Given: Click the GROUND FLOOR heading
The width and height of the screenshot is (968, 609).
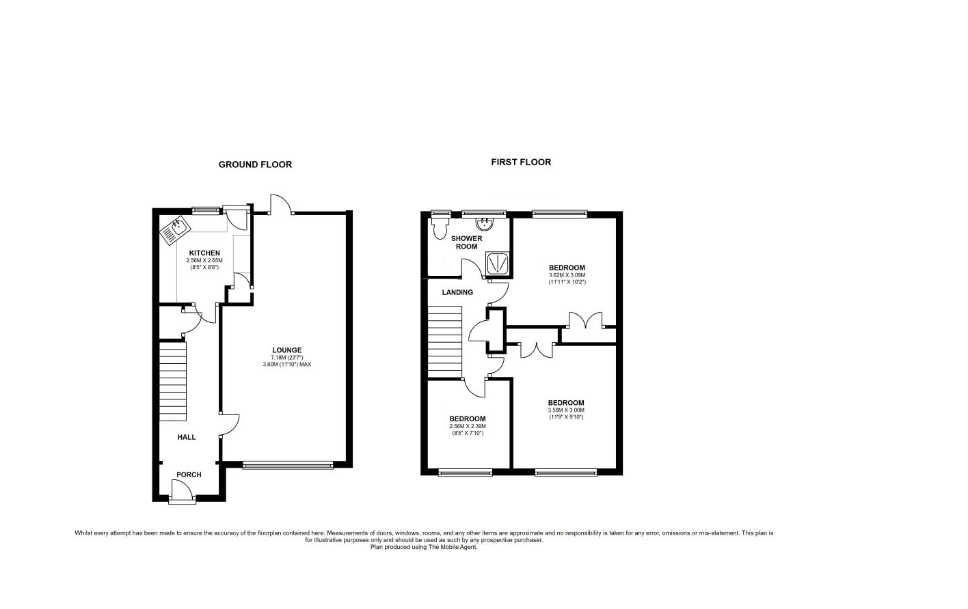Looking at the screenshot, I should tap(255, 165).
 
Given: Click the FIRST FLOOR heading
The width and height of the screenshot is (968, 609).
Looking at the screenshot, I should tap(521, 162).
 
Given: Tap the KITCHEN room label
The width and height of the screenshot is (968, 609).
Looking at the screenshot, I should tap(204, 253).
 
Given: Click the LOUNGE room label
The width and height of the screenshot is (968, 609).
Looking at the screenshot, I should tap(286, 350).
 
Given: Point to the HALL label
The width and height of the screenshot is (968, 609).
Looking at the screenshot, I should tap(187, 437).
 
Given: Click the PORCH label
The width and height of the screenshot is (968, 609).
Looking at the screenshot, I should tap(189, 475).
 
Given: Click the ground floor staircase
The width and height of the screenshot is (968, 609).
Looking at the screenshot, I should tap(173, 382).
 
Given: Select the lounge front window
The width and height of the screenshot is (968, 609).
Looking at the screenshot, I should tap(288, 466).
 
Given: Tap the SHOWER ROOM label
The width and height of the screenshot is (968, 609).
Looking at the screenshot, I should tap(466, 242).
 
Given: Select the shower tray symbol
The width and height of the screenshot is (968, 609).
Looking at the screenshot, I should tap(497, 262).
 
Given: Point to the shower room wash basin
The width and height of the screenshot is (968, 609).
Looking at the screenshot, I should tap(485, 222).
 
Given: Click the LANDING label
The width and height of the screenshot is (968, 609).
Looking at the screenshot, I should tap(457, 292).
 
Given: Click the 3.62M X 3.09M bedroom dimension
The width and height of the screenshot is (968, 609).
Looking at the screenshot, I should tap(567, 275).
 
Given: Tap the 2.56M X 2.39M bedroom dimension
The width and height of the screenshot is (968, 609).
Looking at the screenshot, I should tap(468, 426).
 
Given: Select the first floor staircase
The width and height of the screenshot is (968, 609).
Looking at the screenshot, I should tap(445, 341).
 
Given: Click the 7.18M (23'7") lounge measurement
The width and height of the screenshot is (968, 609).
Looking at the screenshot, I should tap(286, 358).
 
